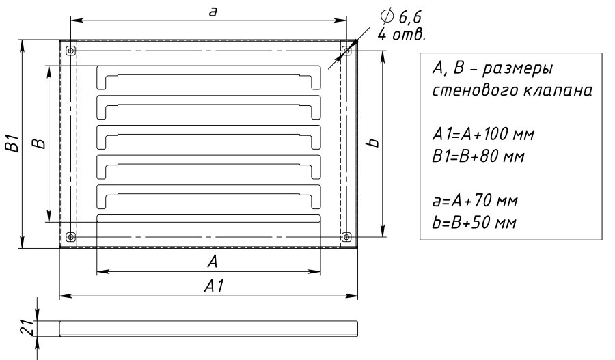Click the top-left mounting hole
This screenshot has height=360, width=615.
tap(70, 51)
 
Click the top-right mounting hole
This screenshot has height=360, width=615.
tap(346, 51)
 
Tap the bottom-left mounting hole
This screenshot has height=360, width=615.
tap(70, 237)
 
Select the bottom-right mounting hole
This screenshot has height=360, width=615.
tap(346, 237)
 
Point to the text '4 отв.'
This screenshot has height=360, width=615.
tap(402, 35)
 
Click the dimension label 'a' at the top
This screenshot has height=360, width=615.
tap(213, 12)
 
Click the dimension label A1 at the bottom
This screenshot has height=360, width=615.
tap(214, 286)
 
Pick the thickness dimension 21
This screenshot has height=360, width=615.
tap(25, 327)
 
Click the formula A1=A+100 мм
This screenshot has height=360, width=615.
tap(483, 135)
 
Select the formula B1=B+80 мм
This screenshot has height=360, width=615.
tap(478, 156)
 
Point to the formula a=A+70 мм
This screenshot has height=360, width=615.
tap(475, 201)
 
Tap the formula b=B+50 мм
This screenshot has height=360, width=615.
tap(474, 223)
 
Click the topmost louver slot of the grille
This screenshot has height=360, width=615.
tap(208, 78)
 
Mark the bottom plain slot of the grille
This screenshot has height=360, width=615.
tap(208, 219)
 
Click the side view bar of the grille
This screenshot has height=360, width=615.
tap(208, 329)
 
